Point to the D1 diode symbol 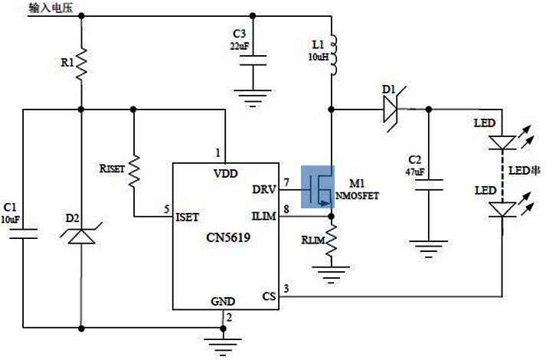tap(391, 110)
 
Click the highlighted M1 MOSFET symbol tap(319, 186)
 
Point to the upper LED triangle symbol tap(502, 142)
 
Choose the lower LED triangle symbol tap(502, 208)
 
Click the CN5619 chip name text tap(227, 237)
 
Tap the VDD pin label tap(226, 174)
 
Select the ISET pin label tap(188, 217)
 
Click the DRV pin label tap(264, 189)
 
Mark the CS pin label tap(269, 295)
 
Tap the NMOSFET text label tap(357, 195)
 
